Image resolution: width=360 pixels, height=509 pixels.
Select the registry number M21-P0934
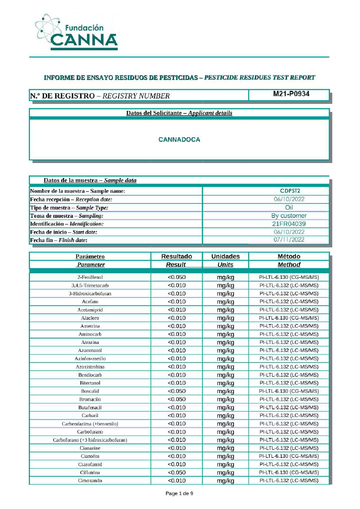pyautogui.click(x=288, y=94)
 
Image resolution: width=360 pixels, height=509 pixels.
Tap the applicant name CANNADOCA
pyautogui.click(x=179, y=140)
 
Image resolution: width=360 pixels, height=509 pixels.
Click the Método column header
pyautogui.click(x=288, y=256)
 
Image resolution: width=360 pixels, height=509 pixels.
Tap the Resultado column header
pyautogui.click(x=176, y=256)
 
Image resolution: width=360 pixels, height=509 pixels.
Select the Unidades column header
pyautogui.click(x=225, y=256)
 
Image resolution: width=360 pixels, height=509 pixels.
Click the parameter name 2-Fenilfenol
pyautogui.click(x=90, y=277)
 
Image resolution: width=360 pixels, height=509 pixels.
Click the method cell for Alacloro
pyautogui.click(x=288, y=318)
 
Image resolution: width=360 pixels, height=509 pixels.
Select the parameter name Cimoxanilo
pyautogui.click(x=90, y=481)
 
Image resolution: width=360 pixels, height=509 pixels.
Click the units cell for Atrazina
pyautogui.click(x=225, y=342)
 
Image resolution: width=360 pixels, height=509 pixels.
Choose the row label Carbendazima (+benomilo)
pyautogui.click(x=90, y=424)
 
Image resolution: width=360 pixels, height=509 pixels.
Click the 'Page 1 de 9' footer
pyautogui.click(x=179, y=493)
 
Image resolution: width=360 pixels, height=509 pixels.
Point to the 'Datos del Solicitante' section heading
pyautogui.click(x=179, y=113)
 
